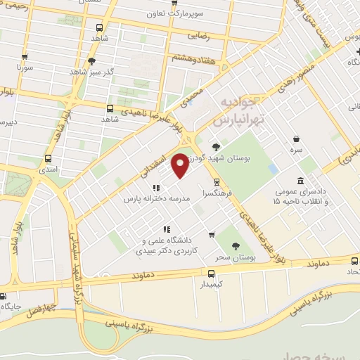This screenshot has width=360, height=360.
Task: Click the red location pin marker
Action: [181, 165]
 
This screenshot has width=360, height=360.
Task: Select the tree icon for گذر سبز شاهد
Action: [91, 61]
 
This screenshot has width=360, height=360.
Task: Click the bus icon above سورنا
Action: [26, 58]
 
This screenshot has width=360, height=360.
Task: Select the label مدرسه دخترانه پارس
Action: [157, 199]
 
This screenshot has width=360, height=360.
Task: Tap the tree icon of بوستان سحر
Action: [236, 246]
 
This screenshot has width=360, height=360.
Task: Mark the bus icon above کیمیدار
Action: [212, 273]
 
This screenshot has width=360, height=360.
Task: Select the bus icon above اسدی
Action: [48, 158]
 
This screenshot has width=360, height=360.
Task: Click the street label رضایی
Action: [200, 33]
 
